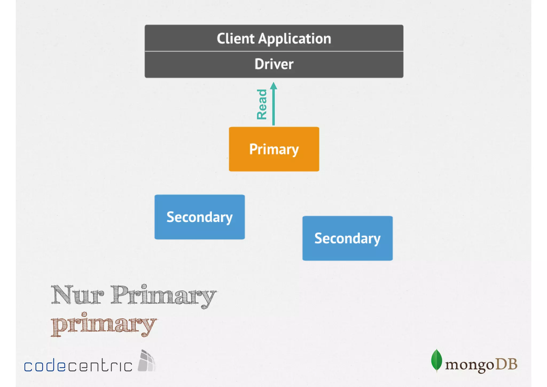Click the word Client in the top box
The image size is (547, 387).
[x=235, y=39]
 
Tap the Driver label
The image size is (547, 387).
[x=274, y=64]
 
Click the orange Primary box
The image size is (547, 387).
[x=274, y=149]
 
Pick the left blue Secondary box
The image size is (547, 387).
[x=200, y=217]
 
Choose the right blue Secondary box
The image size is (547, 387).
[x=347, y=238]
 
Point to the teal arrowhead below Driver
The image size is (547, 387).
[x=273, y=86]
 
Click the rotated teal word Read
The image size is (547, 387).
[x=262, y=104]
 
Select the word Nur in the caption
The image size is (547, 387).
[x=77, y=295]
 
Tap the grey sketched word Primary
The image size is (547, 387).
[x=163, y=296]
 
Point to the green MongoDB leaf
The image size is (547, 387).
[x=436, y=360]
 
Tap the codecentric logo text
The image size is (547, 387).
[x=78, y=365]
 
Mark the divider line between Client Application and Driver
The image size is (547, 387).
[x=274, y=51]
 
